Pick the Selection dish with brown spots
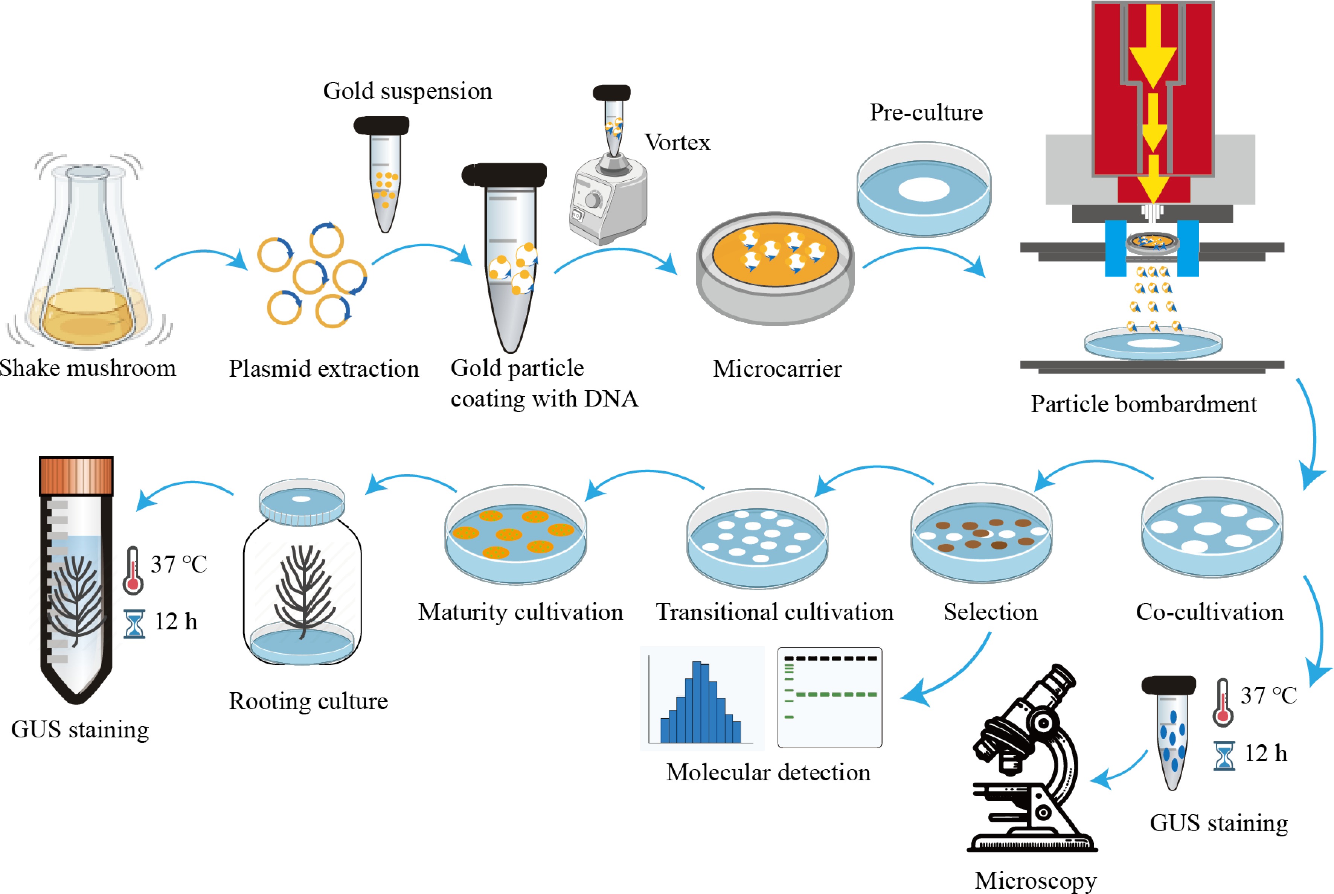[981, 533]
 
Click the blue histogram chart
[701, 698]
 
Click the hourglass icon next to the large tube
[134, 624]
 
